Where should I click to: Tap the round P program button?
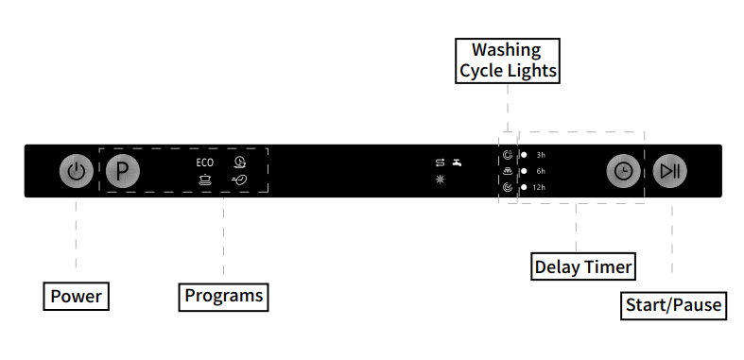[122, 172]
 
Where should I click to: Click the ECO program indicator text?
[205, 163]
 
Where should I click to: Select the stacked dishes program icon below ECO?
[205, 179]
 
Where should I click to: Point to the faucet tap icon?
[457, 163]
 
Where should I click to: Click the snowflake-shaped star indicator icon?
[440, 179]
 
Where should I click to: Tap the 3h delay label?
[541, 154]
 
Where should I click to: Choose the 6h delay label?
[541, 171]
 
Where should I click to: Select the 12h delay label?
[539, 187]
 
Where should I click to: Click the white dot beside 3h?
[524, 154]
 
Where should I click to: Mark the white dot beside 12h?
[524, 187]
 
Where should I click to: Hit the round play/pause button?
[670, 171]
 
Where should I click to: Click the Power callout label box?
[76, 296]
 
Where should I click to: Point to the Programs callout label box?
[223, 296]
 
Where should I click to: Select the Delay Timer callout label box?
[582, 266]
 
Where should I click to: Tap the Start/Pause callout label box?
[673, 305]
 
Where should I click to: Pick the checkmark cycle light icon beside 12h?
[508, 187]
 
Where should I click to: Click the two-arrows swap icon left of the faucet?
[440, 163]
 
